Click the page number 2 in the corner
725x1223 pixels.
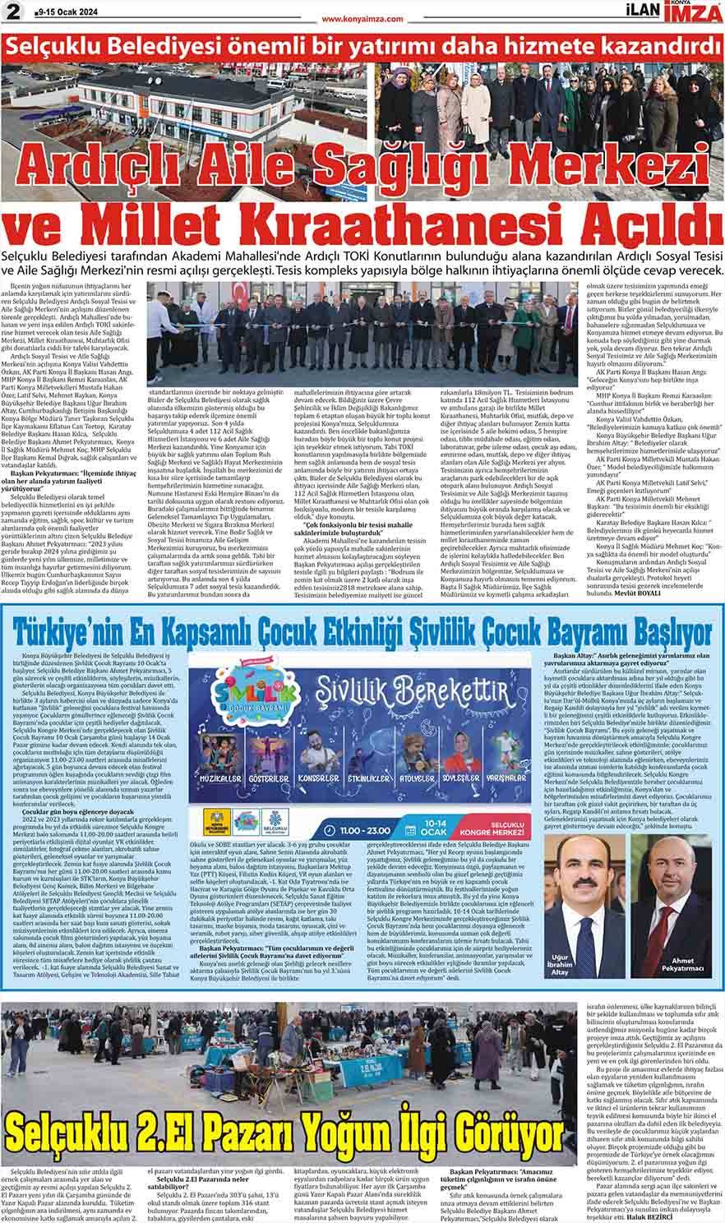tap(11, 11)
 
